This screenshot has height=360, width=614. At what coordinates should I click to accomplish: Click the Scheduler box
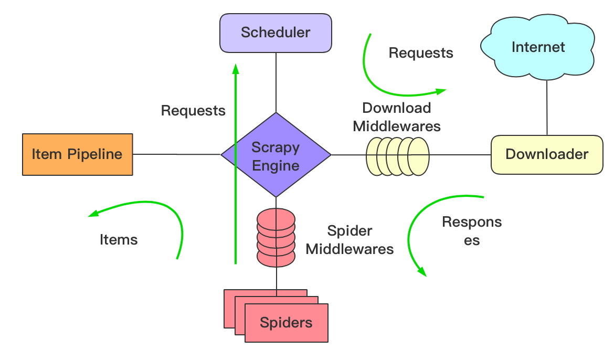tap(276, 33)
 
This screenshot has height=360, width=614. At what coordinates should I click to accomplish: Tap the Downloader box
tap(547, 155)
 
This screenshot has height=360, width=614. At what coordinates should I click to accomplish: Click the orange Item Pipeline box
tap(78, 154)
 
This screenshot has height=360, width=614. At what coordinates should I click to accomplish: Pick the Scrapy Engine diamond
tap(276, 155)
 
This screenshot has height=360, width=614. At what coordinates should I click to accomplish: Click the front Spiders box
tap(286, 323)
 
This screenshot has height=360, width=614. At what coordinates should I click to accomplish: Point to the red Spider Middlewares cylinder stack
tap(276, 238)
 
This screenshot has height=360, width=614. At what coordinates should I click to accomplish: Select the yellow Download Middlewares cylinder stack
tap(397, 156)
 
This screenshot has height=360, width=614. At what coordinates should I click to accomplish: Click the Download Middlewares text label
tap(397, 117)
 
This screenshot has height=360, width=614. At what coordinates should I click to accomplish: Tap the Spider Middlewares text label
tap(350, 240)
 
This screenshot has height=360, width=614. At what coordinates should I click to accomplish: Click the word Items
tap(119, 240)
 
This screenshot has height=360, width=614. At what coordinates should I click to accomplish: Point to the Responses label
tap(472, 231)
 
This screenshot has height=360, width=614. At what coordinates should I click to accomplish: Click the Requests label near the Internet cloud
tap(421, 53)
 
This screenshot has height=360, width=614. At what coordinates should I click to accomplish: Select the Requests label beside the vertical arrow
tap(193, 111)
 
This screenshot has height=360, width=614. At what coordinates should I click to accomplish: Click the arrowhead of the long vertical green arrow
tap(236, 69)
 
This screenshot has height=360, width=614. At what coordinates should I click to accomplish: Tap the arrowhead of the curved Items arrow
tap(92, 214)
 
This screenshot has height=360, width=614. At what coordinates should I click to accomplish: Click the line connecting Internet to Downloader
tap(547, 108)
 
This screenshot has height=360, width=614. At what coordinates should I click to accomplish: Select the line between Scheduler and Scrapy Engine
tap(276, 83)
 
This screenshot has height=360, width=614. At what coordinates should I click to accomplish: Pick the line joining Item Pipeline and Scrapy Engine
tap(177, 154)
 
